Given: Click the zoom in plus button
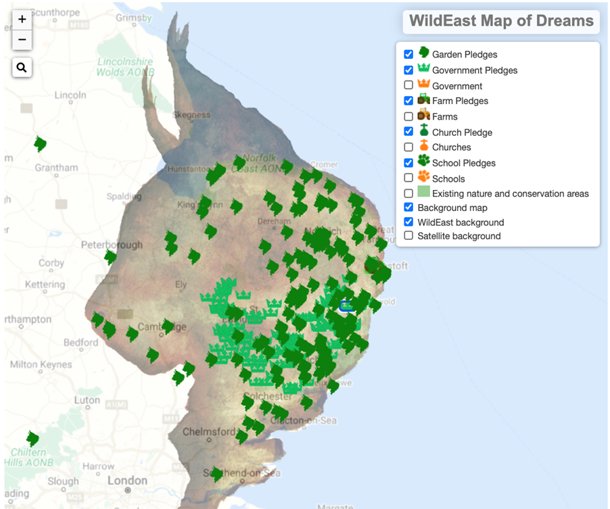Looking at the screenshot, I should click(22, 20).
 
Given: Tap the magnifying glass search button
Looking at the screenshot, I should click(22, 67).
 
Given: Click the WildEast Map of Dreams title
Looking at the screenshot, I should click(501, 21).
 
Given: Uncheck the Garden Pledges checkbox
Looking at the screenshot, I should click(408, 54).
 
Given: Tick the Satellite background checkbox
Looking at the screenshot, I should click(408, 236).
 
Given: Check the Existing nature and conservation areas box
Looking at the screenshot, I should click(408, 193).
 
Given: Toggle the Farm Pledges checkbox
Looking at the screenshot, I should click(408, 101).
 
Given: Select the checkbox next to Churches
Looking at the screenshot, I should click(408, 147).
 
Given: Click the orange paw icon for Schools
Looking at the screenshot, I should click(423, 176).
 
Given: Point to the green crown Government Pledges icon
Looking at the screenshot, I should click(423, 69).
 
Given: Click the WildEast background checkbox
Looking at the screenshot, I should click(408, 222).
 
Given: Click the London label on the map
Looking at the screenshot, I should click(127, 481).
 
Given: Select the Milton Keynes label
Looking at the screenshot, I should click(41, 364).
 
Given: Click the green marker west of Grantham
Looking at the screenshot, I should click(41, 144).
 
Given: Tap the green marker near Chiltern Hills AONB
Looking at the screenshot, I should click(32, 439).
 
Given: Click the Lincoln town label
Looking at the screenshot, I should click(70, 95).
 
